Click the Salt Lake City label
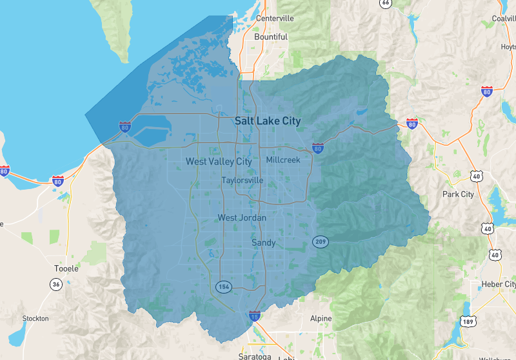tap(268, 121)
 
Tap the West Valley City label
tap(219, 161)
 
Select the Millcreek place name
tap(283, 159)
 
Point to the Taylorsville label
tap(242, 181)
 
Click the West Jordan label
tap(242, 218)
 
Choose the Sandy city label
tap(263, 243)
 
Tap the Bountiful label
tap(271, 37)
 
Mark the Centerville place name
tap(275, 18)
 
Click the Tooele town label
tap(66, 268)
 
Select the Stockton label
tap(35, 319)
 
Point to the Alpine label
tap(321, 319)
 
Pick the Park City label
tap(458, 194)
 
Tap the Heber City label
tap(499, 285)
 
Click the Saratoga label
tap(253, 356)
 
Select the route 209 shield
tap(321, 242)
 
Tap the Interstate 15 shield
tap(255, 316)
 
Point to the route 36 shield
tap(56, 285)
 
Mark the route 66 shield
tap(386, 3)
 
